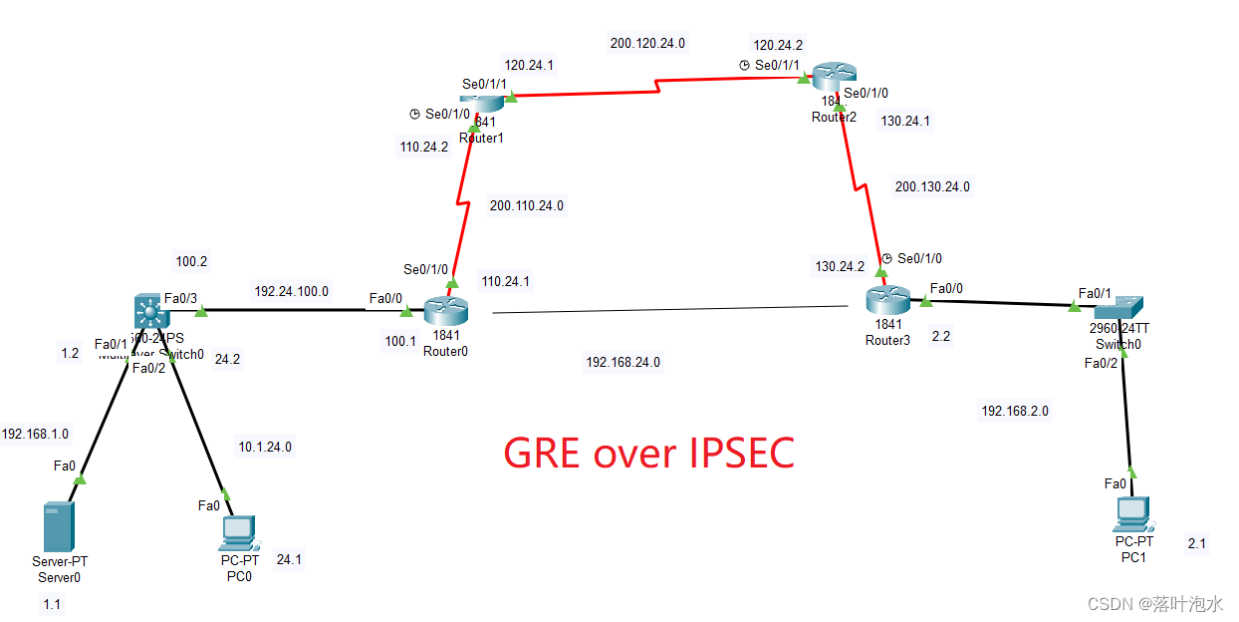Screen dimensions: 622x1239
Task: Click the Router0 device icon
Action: pos(445,311)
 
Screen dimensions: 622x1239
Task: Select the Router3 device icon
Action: pos(886,297)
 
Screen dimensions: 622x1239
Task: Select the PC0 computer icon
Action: pos(239,533)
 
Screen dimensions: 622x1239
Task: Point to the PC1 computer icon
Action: pos(1132,512)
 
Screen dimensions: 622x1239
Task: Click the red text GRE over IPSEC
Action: pos(648,454)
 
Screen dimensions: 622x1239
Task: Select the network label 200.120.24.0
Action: pos(647,44)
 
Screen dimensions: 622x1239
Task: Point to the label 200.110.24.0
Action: pos(526,206)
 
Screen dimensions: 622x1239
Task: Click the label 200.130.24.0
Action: pos(932,186)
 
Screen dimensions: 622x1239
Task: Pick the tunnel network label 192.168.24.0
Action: pos(622,363)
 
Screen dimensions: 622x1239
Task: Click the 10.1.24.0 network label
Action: pos(264,447)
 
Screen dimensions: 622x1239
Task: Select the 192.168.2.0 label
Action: pos(1014,411)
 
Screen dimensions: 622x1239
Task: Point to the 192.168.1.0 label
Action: pos(35,434)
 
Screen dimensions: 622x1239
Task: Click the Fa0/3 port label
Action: pos(180,298)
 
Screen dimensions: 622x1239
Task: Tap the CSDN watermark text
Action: pos(1154,604)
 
